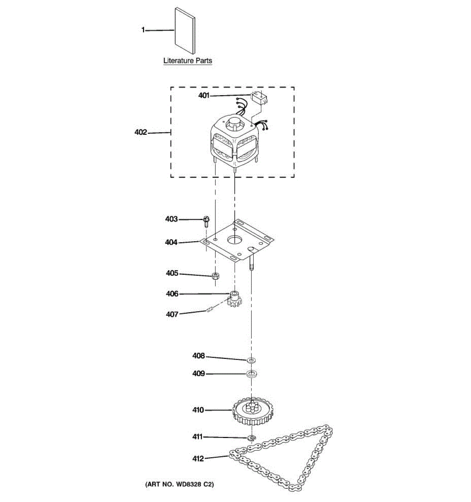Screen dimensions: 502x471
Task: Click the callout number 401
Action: click(x=203, y=95)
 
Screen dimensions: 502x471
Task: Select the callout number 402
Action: click(x=141, y=132)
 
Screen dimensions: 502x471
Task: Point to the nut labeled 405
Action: click(x=216, y=276)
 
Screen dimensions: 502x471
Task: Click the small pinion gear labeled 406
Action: click(x=234, y=300)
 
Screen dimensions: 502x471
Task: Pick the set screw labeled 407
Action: click(x=210, y=310)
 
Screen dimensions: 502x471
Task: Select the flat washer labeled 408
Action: click(x=252, y=360)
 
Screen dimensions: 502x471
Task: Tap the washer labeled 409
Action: click(x=252, y=374)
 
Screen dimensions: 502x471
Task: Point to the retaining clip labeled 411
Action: click(x=252, y=438)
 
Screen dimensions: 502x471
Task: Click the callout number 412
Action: click(x=198, y=458)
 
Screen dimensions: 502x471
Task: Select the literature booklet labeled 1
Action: click(x=185, y=31)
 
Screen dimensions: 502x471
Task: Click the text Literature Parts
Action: click(x=188, y=61)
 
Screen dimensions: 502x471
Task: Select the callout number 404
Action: click(x=171, y=242)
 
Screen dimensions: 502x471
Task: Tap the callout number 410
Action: click(x=198, y=410)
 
